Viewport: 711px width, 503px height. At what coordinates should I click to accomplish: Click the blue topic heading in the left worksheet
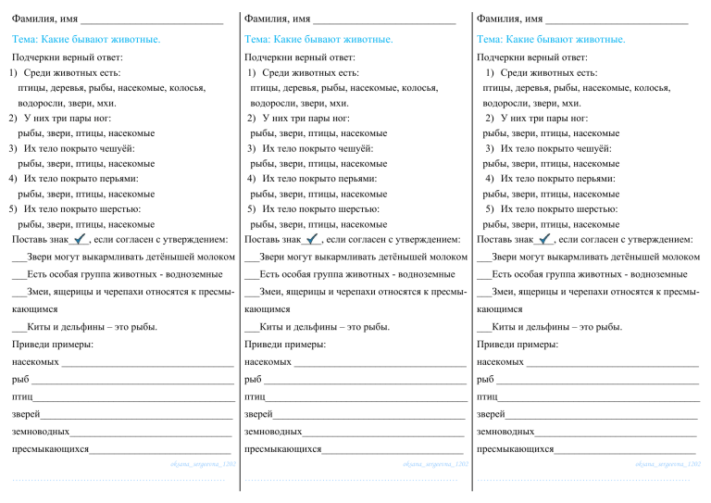(x=86, y=39)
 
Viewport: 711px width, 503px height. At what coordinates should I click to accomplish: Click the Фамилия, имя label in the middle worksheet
(x=277, y=19)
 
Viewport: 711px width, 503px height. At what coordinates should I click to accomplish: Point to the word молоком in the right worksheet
(x=677, y=257)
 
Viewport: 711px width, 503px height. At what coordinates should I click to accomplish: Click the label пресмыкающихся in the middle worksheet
(x=282, y=449)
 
